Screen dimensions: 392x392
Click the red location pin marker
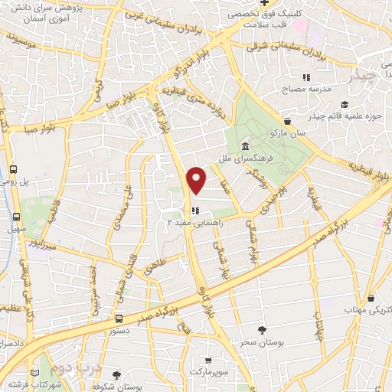197,180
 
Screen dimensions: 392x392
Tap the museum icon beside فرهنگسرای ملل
244,147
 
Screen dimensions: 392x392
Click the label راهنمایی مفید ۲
194,221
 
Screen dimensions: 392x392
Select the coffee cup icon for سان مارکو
286,121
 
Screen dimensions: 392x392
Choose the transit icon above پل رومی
14,170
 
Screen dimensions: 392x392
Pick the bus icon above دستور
118,318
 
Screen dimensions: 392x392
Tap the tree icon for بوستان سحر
262,330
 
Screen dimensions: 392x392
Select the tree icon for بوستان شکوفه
116,375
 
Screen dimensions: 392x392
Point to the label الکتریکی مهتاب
366,309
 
